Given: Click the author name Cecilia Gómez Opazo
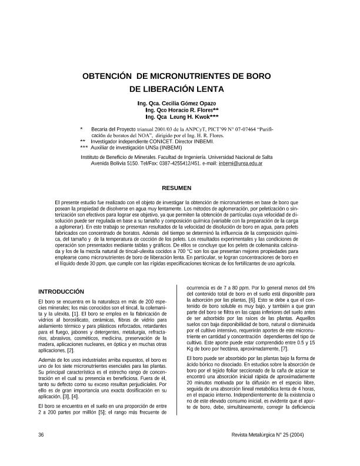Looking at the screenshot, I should pyautogui.click(x=186, y=104).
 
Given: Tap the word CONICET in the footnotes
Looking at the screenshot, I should pyautogui.click(x=160, y=141).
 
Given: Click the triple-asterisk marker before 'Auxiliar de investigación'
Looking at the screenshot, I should pyautogui.click(x=84, y=147).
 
